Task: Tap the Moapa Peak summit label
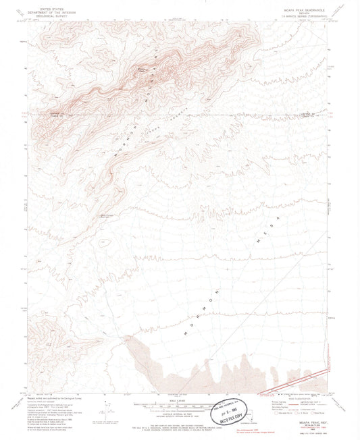coord(143,67)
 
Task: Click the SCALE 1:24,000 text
coord(180,395)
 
